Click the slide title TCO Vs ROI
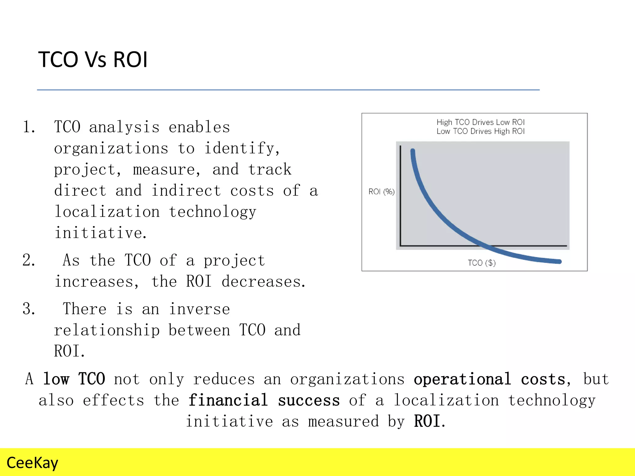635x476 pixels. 93,59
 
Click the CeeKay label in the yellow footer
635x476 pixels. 32,463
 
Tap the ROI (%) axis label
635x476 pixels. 381,192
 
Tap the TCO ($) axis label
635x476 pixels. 482,263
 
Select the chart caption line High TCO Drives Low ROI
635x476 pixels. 480,122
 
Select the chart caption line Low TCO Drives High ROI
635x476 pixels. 480,131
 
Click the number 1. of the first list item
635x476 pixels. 29,127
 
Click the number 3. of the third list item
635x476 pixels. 29,309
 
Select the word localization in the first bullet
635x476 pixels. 107,212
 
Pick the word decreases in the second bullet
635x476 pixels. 263,282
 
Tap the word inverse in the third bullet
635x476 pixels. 199,309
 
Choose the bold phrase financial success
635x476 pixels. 264,400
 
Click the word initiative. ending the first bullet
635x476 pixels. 100,233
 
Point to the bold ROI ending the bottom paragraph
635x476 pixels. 428,421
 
